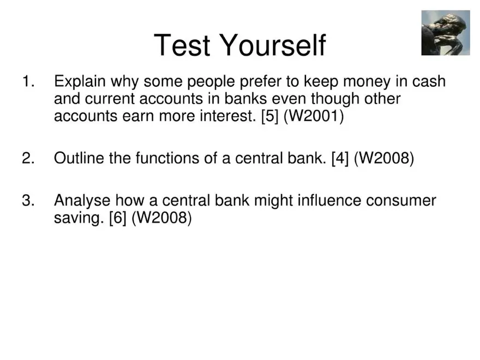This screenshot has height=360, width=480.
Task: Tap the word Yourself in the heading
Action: click(x=273, y=45)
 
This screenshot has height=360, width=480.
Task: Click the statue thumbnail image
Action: click(x=445, y=33)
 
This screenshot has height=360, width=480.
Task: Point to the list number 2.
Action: click(x=28, y=159)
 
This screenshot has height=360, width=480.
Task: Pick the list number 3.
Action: click(x=28, y=201)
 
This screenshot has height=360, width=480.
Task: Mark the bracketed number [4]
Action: click(x=340, y=159)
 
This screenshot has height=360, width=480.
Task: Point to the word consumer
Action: click(x=401, y=201)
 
